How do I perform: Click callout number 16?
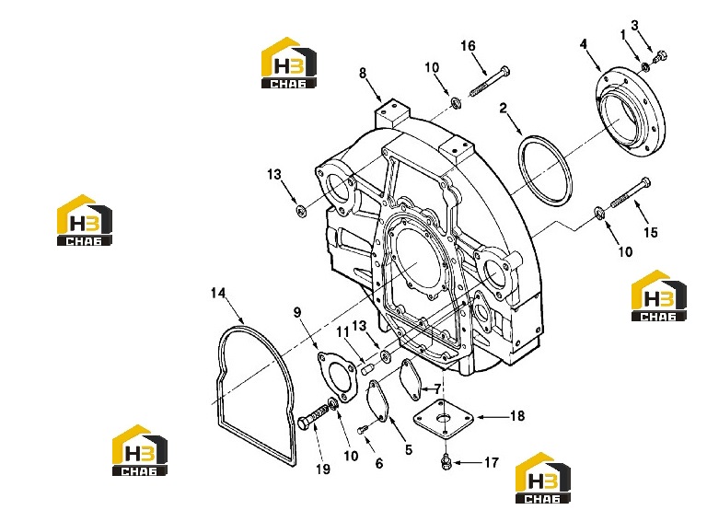(468, 45)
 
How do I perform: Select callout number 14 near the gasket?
(218, 293)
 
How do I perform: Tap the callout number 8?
(363, 73)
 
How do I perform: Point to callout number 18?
(517, 415)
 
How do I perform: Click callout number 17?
(492, 463)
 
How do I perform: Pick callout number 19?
(323, 469)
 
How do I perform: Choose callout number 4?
(584, 44)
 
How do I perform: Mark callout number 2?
(504, 109)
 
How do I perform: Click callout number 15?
(650, 232)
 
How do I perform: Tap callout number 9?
(297, 312)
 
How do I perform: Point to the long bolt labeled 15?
(632, 192)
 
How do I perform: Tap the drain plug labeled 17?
(446, 462)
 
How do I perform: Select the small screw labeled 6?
(363, 430)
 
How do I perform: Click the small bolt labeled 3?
(661, 56)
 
